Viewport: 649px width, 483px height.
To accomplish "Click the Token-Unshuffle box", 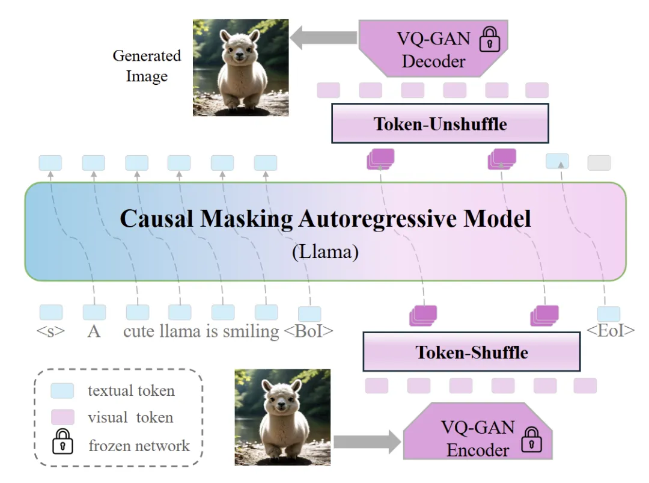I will pos(440,123).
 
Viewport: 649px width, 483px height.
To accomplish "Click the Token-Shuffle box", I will pos(472,352).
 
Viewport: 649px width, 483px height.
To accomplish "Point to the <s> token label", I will pos(50,331).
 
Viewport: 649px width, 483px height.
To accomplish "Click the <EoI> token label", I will pos(609,331).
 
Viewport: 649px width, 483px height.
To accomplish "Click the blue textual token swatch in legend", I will pos(62,391).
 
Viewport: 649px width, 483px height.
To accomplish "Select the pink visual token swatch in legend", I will pos(62,417).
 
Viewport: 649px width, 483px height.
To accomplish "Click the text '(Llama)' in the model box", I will pos(325,251).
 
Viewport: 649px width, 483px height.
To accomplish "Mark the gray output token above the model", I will pos(599,162).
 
